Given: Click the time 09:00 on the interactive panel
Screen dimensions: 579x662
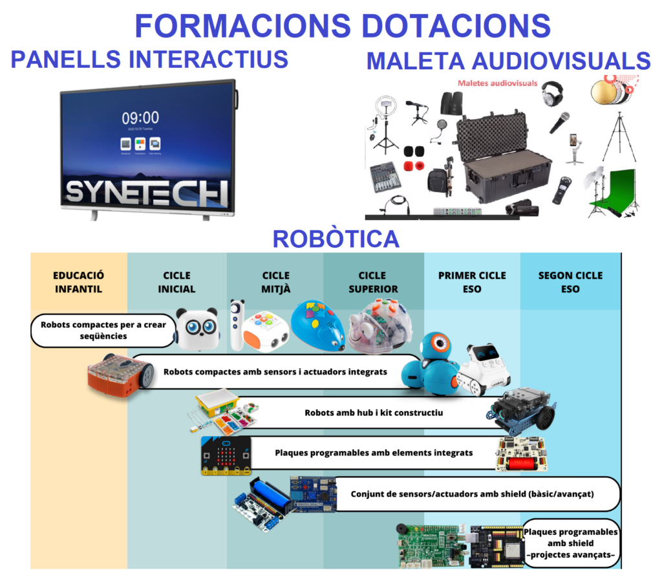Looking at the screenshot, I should pos(140,117).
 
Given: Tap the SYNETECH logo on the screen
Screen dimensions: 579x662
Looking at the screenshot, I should pos(147,192).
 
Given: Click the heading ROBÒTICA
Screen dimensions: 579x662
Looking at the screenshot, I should pos(336,239).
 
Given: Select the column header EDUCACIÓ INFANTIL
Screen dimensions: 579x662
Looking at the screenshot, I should pos(78,282).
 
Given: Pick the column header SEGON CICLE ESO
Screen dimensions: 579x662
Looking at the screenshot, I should pos(570,282).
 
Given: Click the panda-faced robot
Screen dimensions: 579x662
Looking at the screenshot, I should pos(198,327).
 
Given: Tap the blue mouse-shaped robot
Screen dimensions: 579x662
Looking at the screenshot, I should pos(317,325).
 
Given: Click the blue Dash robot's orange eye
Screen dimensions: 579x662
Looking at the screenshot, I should pos(438,342).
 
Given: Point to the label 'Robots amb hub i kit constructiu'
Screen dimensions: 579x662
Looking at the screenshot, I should pos(374,412).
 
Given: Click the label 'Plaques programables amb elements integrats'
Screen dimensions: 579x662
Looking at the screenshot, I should pos(373,453).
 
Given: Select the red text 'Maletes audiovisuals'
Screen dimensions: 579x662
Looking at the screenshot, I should pos(497,83).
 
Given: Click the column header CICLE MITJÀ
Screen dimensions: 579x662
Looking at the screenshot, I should pos(276,282).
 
